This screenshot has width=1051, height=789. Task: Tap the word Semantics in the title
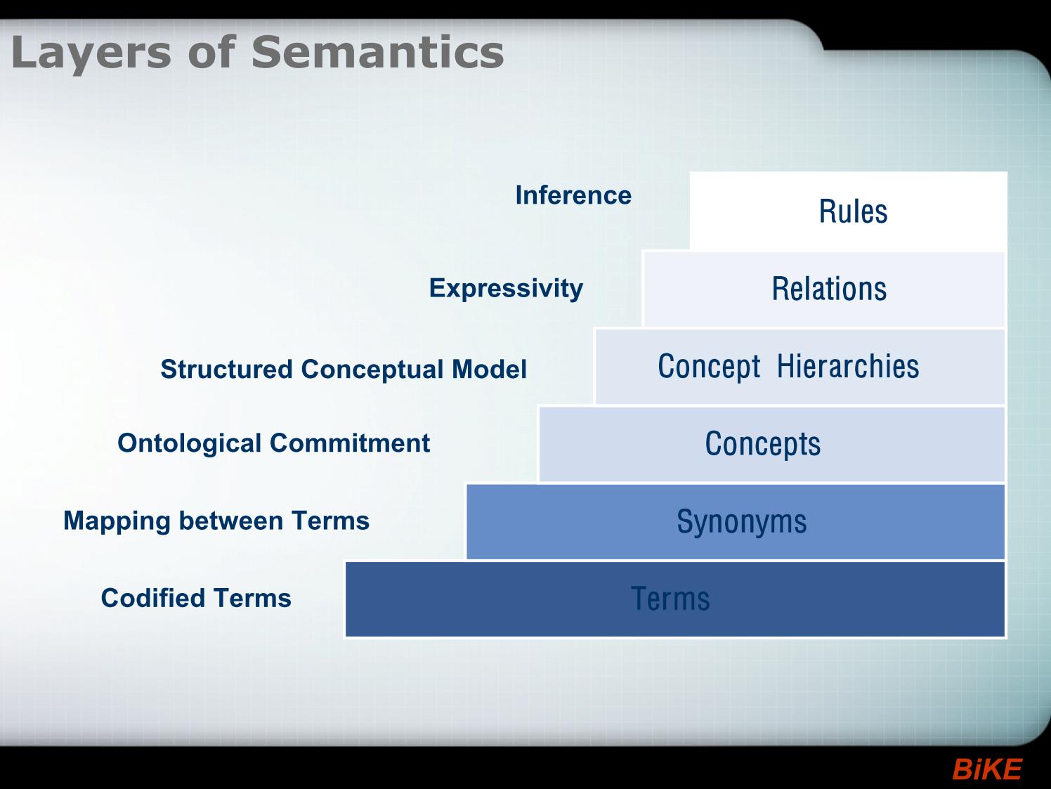pyautogui.click(x=378, y=52)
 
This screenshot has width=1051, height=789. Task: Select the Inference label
pyautogui.click(x=573, y=195)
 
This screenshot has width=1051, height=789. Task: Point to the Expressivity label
pyautogui.click(x=506, y=289)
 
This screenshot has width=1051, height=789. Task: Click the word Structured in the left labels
pyautogui.click(x=226, y=369)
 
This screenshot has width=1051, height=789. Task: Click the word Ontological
pyautogui.click(x=190, y=443)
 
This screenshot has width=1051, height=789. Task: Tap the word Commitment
pyautogui.click(x=350, y=443)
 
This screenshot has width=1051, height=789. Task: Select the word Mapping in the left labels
pyautogui.click(x=117, y=521)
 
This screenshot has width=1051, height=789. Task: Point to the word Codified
pyautogui.click(x=152, y=598)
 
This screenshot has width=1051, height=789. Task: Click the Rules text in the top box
pyautogui.click(x=854, y=211)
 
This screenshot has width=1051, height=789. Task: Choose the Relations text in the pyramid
pyautogui.click(x=829, y=289)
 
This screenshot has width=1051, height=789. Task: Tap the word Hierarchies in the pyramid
pyautogui.click(x=848, y=366)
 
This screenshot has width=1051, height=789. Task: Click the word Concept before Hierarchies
pyautogui.click(x=709, y=367)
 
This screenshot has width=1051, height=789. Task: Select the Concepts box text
pyautogui.click(x=763, y=445)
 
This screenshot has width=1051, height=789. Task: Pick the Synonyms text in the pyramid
pyautogui.click(x=742, y=522)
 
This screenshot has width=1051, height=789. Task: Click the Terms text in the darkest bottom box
pyautogui.click(x=670, y=599)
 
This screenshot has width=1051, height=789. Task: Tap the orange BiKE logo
pyautogui.click(x=987, y=769)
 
